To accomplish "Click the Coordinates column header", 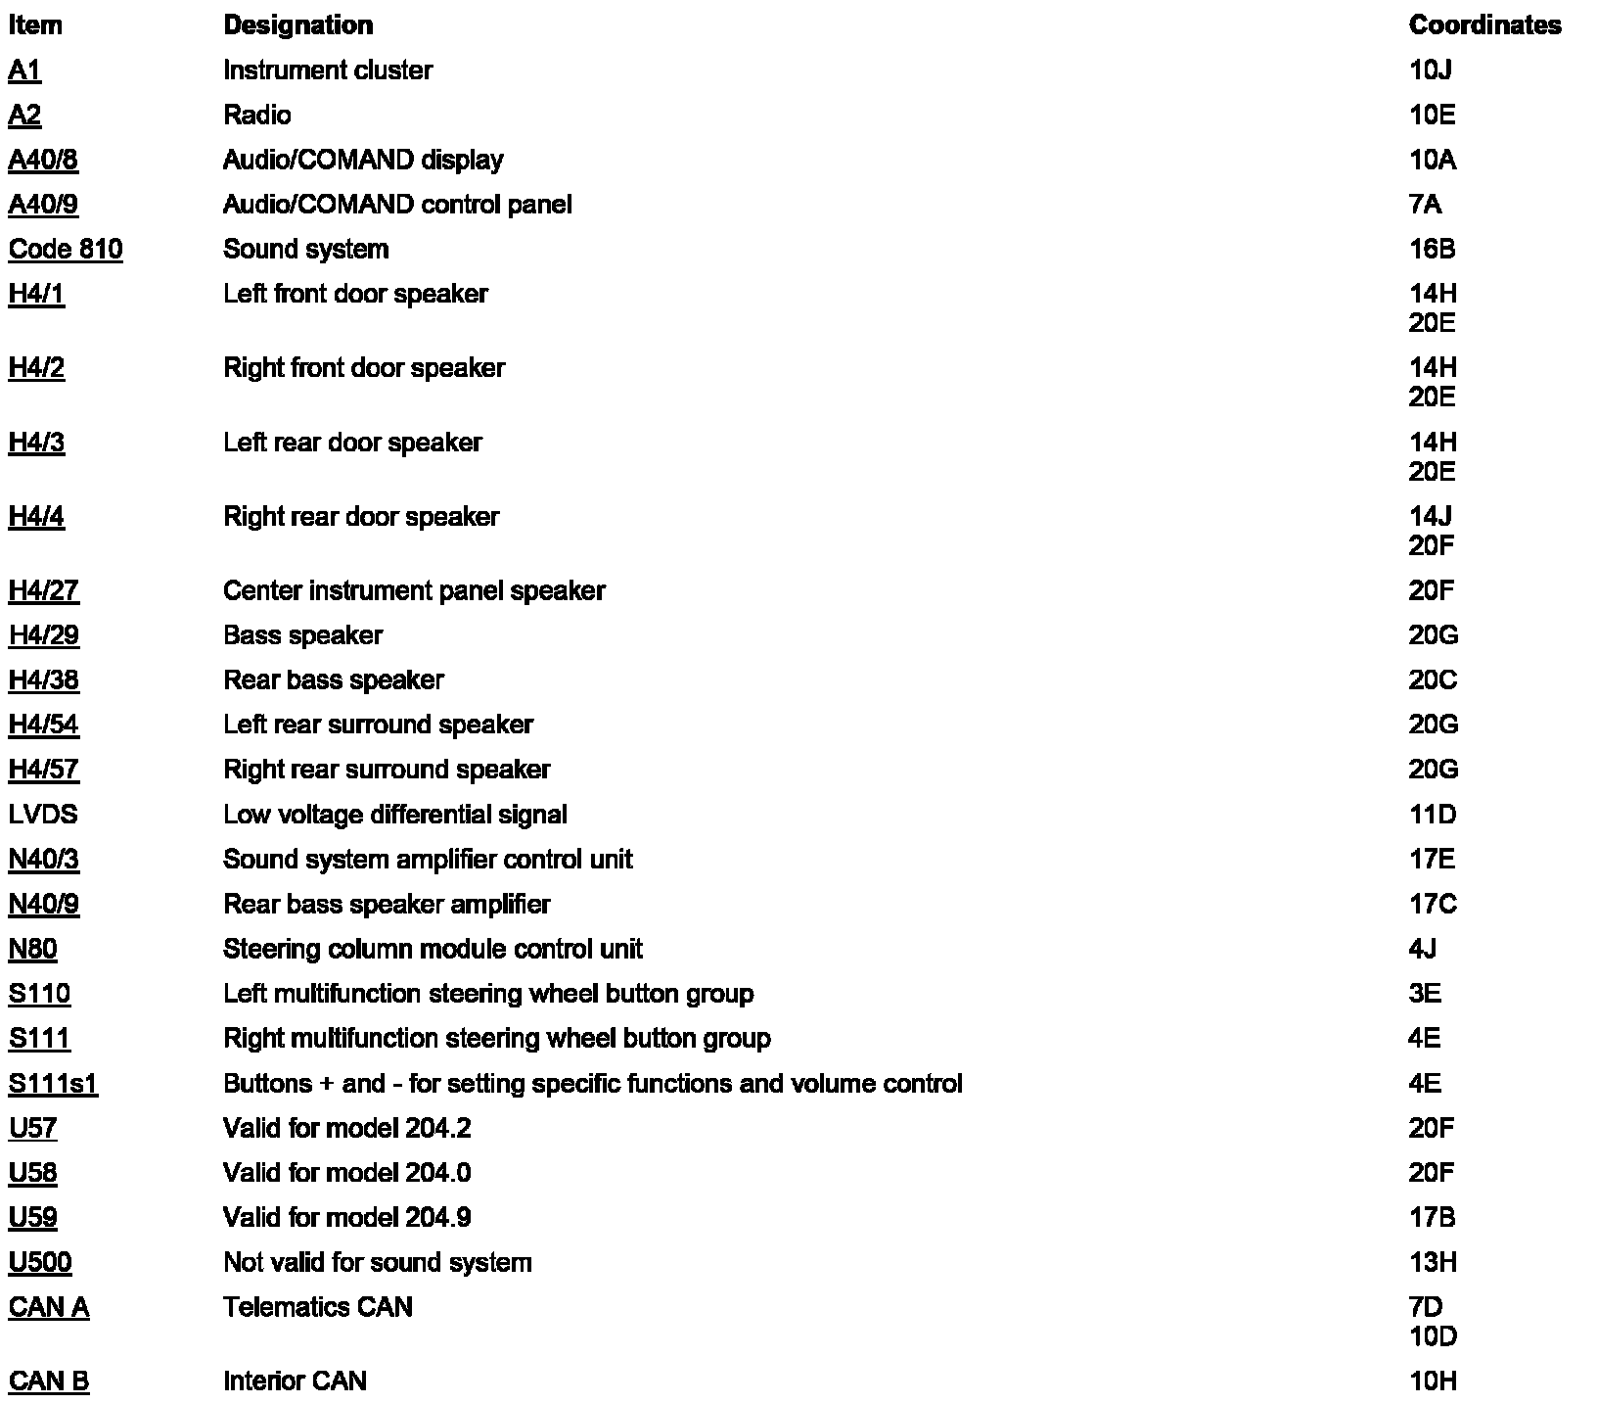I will click(1484, 25).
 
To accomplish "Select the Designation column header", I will click(297, 25).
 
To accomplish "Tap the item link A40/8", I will click(43, 160).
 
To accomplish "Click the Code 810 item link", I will click(66, 249).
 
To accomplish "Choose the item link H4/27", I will click(44, 590).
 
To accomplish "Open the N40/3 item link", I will click(44, 859).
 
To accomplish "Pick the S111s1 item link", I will click(53, 1084).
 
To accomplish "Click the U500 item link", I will click(40, 1262).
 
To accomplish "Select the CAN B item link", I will click(49, 1381).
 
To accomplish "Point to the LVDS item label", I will click(43, 815).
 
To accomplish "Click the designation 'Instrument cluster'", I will click(327, 70).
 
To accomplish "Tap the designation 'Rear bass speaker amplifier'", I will click(387, 904).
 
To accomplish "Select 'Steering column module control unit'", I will click(433, 949).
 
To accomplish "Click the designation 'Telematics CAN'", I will click(318, 1307).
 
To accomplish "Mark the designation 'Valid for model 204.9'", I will click(346, 1217).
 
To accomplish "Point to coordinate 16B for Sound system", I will click(1432, 249).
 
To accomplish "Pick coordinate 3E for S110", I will click(1424, 994).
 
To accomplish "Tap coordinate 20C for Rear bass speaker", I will click(1433, 679).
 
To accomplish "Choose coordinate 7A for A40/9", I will click(1425, 205).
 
